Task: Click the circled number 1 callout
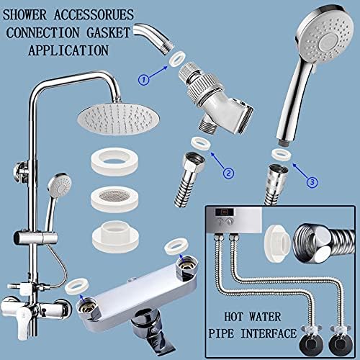[x=144, y=79]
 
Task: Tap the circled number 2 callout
[x=228, y=173]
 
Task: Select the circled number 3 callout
[x=312, y=182]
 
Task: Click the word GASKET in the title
[x=109, y=32]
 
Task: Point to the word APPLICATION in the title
[x=68, y=50]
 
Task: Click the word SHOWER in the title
[x=24, y=14]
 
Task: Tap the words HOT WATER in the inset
[x=253, y=317]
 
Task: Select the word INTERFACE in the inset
[x=269, y=333]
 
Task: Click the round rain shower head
[x=115, y=120]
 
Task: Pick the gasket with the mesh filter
[x=114, y=199]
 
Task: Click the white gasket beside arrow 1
[x=177, y=58]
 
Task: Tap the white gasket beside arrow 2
[x=201, y=143]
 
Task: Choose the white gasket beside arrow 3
[x=282, y=155]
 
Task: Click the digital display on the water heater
[x=224, y=212]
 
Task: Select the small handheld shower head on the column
[x=60, y=185]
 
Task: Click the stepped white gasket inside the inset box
[x=278, y=243]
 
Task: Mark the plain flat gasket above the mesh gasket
[x=114, y=161]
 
